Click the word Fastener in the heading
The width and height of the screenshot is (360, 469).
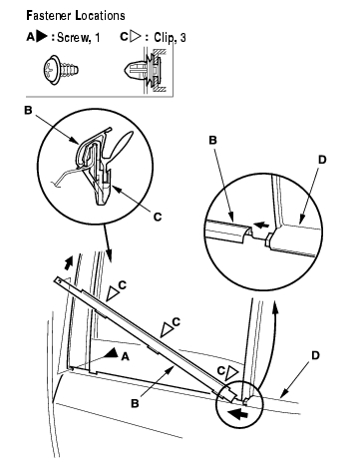(49, 15)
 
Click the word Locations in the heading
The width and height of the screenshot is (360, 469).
(101, 15)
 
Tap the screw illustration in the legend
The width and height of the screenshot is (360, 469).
(61, 71)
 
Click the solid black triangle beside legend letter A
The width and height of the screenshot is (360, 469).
(42, 36)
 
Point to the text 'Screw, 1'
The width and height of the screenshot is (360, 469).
(79, 38)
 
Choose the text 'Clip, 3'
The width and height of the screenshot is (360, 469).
(170, 38)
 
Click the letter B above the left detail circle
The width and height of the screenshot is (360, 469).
(28, 110)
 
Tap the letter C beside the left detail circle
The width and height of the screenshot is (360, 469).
(158, 217)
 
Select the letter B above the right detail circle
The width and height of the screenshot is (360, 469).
(212, 140)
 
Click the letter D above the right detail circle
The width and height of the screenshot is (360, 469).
(322, 160)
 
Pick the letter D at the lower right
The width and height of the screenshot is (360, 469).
(315, 355)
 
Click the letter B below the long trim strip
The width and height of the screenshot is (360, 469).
(135, 403)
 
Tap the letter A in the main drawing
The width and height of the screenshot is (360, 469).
(125, 356)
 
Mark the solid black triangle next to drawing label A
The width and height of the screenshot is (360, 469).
(112, 353)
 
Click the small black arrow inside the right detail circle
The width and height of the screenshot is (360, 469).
(261, 226)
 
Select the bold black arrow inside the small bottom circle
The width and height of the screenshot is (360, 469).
(238, 414)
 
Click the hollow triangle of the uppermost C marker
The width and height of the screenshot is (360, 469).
(113, 294)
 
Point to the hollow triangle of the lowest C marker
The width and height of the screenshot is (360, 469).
(231, 373)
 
